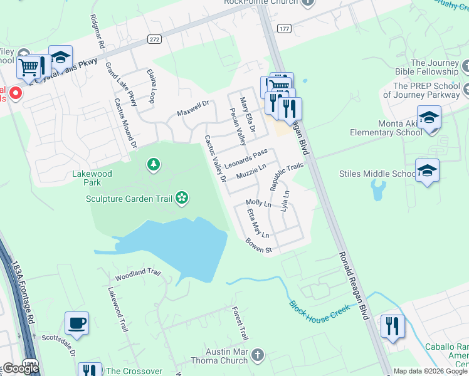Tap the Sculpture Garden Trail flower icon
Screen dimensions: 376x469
tap(182, 199)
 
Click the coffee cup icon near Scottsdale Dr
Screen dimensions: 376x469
tap(76, 323)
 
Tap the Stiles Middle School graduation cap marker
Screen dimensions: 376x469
tap(427, 170)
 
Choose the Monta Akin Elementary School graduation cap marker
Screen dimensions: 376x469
tap(429, 117)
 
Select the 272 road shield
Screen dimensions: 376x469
tap(154, 39)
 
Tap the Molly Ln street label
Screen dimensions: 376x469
tap(258, 203)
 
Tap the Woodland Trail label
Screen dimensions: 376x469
tap(138, 274)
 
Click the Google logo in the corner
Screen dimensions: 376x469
tap(20, 368)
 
